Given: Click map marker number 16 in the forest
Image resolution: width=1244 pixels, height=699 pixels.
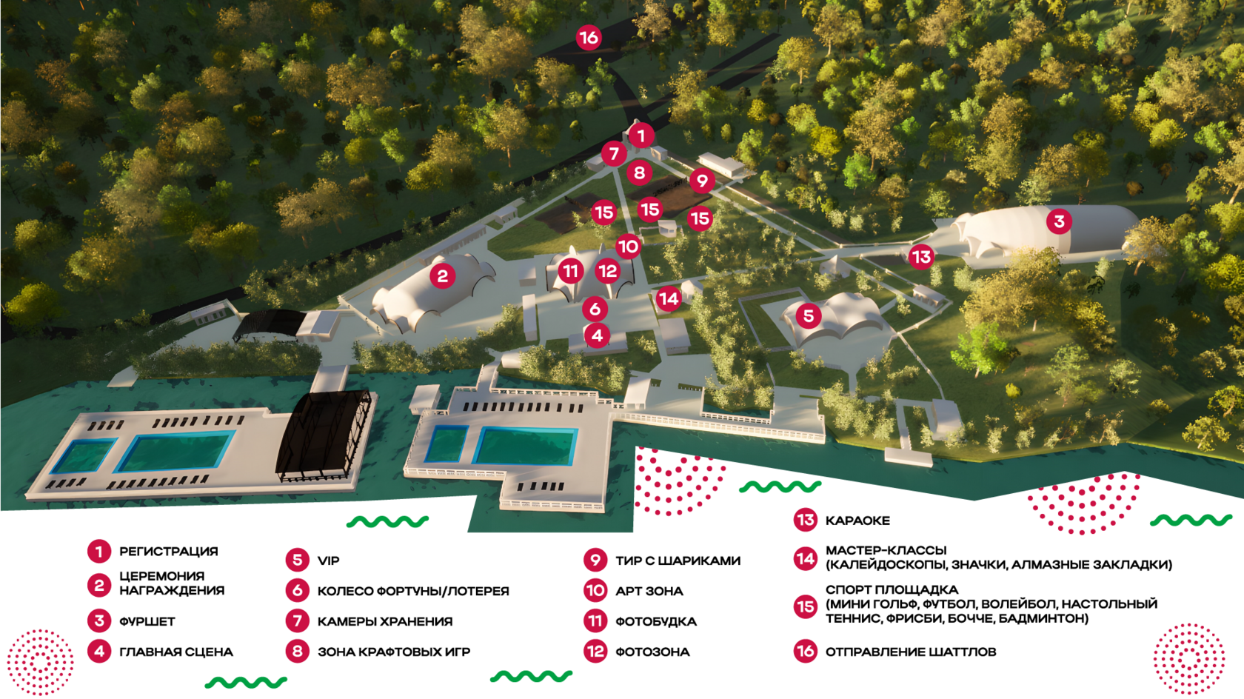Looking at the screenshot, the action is (x=589, y=38).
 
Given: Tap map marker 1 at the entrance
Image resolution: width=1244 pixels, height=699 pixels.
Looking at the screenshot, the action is (x=641, y=136).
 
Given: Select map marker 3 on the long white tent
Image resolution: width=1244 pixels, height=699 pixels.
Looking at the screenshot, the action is (x=1059, y=221).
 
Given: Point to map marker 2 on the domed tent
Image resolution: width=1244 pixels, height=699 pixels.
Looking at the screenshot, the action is (x=443, y=276).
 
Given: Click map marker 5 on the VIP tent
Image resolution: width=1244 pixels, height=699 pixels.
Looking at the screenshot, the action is (x=809, y=316).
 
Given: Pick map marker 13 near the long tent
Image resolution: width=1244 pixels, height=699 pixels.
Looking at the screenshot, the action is (x=921, y=257).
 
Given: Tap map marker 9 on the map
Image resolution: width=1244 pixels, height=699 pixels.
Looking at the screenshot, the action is (x=702, y=181).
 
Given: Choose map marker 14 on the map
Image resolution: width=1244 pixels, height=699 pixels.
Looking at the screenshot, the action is (x=669, y=298).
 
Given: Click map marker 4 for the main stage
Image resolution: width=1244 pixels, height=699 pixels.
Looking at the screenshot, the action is (x=597, y=335).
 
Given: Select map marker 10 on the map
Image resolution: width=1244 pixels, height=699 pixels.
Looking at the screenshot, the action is (x=628, y=246).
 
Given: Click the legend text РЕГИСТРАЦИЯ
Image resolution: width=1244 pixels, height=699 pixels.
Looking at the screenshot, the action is (x=169, y=552).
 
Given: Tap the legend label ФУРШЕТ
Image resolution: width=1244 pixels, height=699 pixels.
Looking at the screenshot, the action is (x=147, y=621).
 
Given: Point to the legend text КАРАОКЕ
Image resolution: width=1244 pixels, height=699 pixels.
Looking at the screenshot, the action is (x=857, y=521).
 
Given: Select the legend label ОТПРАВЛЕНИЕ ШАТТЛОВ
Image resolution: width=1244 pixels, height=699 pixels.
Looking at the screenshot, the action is (x=911, y=652).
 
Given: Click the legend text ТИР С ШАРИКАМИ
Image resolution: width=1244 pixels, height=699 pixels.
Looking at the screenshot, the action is (x=678, y=561).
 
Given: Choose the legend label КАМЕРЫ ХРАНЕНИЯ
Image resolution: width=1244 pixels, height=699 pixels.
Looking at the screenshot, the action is (x=385, y=621).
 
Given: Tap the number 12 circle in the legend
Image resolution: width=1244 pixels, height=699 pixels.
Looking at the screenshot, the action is (x=595, y=652).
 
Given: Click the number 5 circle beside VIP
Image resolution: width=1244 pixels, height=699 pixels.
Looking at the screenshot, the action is (x=298, y=560).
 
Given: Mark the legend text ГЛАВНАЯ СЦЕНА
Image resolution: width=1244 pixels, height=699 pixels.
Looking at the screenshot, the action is (x=176, y=652).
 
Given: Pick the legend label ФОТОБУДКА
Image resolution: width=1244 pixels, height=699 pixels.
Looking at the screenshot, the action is (x=656, y=621).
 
